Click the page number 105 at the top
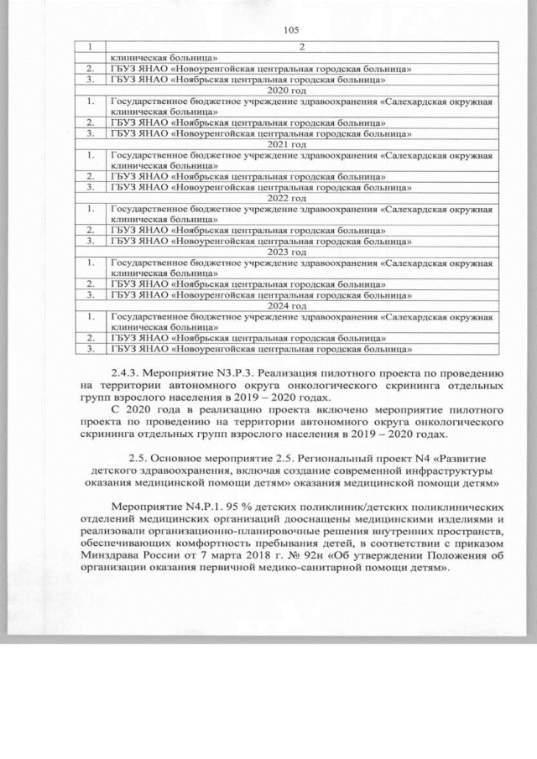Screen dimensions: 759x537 pos(291,30)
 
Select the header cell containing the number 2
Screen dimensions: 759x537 pos(300,47)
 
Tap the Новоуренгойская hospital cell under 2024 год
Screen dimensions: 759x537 pos(260,347)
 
